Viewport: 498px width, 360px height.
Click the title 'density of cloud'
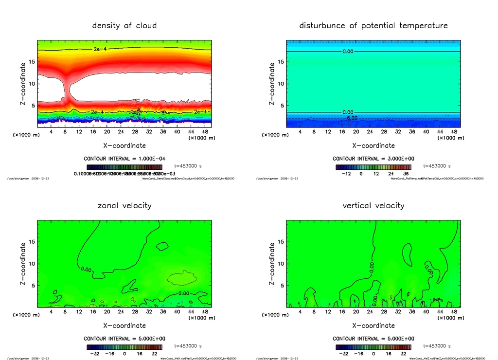pyautogui.click(x=124, y=25)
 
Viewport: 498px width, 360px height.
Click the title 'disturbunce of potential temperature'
pyautogui.click(x=373, y=25)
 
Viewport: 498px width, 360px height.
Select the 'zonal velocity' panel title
pyautogui.click(x=124, y=205)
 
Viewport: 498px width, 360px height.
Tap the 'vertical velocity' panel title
pyautogui.click(x=373, y=205)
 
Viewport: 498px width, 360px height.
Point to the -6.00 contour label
pyautogui.click(x=352, y=118)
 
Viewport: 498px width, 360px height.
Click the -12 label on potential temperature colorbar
pyautogui.click(x=347, y=173)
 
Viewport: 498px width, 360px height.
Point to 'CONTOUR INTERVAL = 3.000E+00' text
pyautogui.click(x=373, y=159)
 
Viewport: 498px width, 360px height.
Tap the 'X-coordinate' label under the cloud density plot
pyautogui.click(x=124, y=145)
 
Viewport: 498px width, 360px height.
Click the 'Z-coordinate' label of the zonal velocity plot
pyautogui.click(x=22, y=264)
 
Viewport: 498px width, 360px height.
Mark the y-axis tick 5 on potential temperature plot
pyautogui.click(x=279, y=106)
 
